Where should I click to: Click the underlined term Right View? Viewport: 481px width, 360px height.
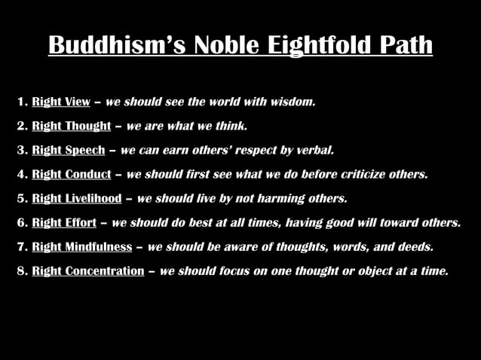61,102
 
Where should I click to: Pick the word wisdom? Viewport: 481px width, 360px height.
291,102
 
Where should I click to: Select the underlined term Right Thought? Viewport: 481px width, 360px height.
72,126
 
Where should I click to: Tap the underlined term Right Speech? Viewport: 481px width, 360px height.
69,150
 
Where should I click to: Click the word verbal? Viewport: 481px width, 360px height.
315,150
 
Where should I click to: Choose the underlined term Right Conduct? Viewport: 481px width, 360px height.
72,174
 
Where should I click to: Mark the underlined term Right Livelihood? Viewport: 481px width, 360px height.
77,198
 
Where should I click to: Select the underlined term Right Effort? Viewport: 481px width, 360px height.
64,222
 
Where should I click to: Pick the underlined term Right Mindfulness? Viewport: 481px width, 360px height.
82,246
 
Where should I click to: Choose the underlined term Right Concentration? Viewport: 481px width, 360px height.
88,270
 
